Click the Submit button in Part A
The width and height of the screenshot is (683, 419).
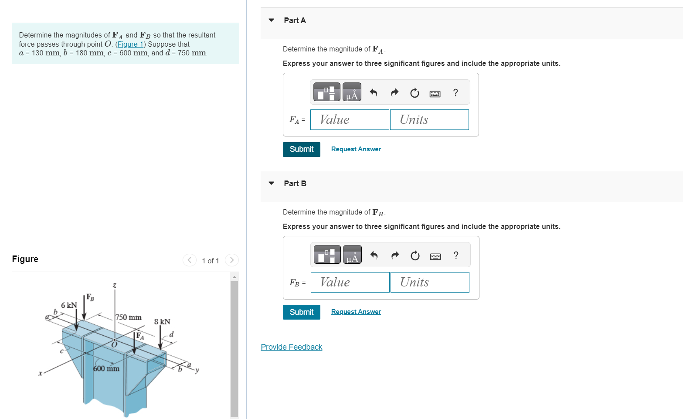pos(301,149)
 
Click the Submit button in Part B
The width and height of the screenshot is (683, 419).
pos(301,312)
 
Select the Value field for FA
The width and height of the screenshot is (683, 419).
pos(350,119)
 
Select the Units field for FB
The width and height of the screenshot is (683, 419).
pos(430,282)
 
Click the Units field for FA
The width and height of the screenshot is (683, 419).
pos(429,119)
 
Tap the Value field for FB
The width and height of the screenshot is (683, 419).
pos(350,282)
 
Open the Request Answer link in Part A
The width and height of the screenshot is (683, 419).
pos(356,149)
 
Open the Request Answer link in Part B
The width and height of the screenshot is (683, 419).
pos(356,312)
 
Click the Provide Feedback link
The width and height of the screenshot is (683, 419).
pos(292,347)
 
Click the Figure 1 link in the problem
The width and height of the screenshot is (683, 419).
pos(130,44)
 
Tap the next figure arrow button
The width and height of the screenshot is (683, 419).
pos(232,260)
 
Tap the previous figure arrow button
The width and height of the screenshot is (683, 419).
pos(189,260)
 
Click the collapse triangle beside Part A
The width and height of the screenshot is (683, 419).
pos(271,20)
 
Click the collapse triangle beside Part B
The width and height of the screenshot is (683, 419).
pos(271,183)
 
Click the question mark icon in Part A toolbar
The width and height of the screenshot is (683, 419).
pos(455,92)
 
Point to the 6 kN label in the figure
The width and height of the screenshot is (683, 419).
pos(69,305)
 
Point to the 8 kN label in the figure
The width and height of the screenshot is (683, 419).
pos(162,322)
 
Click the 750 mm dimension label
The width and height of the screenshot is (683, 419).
pos(129,317)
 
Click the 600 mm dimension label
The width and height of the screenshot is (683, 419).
pos(106,369)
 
